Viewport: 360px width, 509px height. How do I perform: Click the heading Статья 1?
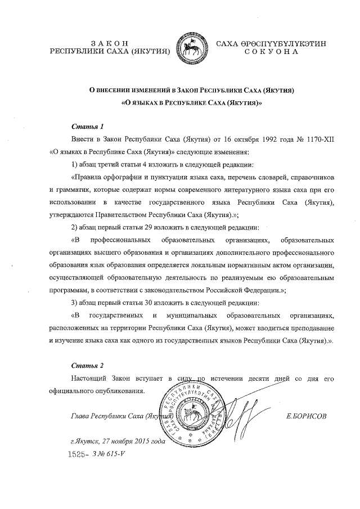(x=87, y=125)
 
